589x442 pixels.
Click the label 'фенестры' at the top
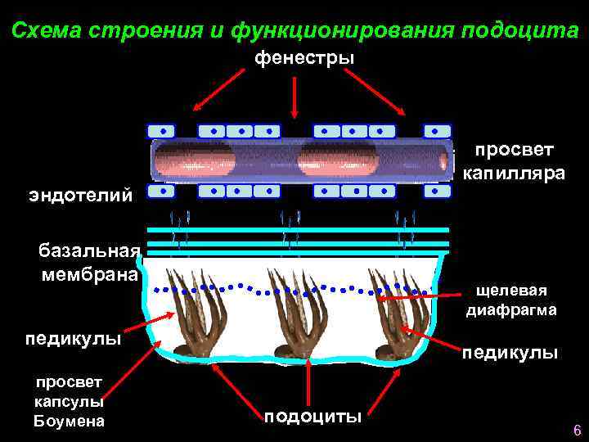(304, 58)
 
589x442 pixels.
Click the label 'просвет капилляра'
(514, 161)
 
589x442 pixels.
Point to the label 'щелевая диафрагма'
(511, 300)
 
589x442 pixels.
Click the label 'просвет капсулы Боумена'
(69, 401)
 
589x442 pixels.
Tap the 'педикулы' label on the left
(74, 338)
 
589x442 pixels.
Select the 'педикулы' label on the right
(510, 353)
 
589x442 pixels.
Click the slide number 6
(577, 431)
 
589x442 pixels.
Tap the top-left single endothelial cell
(161, 131)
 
